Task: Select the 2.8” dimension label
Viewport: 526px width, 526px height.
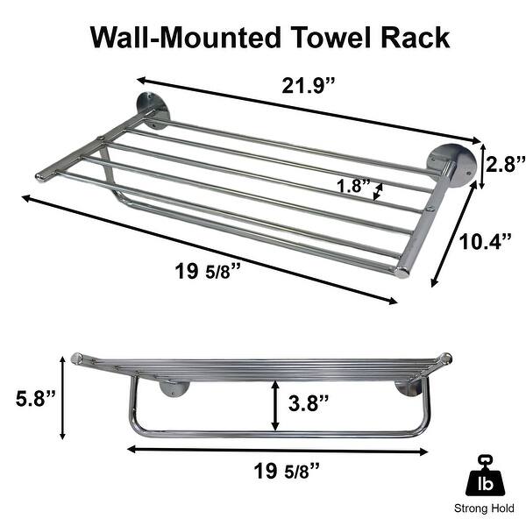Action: pos(505,165)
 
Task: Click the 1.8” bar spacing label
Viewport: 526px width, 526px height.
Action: pos(353,187)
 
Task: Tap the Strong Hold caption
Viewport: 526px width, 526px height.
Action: pos(485,508)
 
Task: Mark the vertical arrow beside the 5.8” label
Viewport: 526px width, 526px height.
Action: pos(64,397)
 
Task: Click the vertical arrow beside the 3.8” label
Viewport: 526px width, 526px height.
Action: pos(276,404)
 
